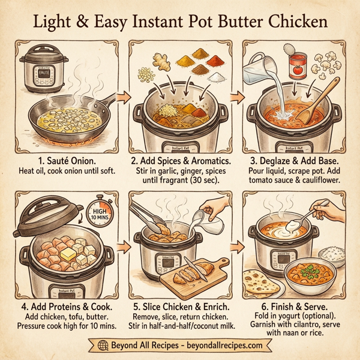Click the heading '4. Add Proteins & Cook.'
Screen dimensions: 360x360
66,306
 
